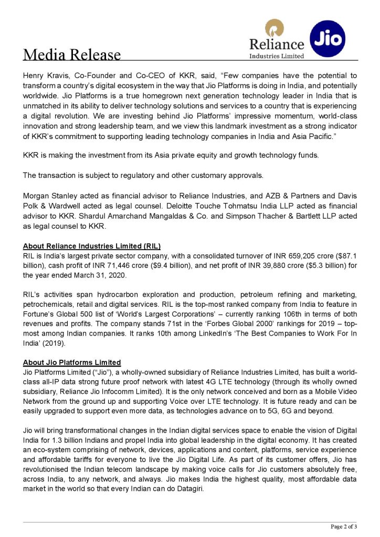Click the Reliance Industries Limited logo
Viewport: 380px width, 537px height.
pyautogui.click(x=276, y=39)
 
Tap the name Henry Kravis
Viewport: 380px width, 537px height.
pyautogui.click(x=44, y=76)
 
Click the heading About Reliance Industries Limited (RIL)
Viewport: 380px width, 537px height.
pyautogui.click(x=92, y=246)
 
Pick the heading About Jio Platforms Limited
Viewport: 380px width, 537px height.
pyautogui.click(x=72, y=362)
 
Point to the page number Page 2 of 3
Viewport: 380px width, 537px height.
pyautogui.click(x=343, y=526)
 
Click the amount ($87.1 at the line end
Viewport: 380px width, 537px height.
pyautogui.click(x=346, y=256)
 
